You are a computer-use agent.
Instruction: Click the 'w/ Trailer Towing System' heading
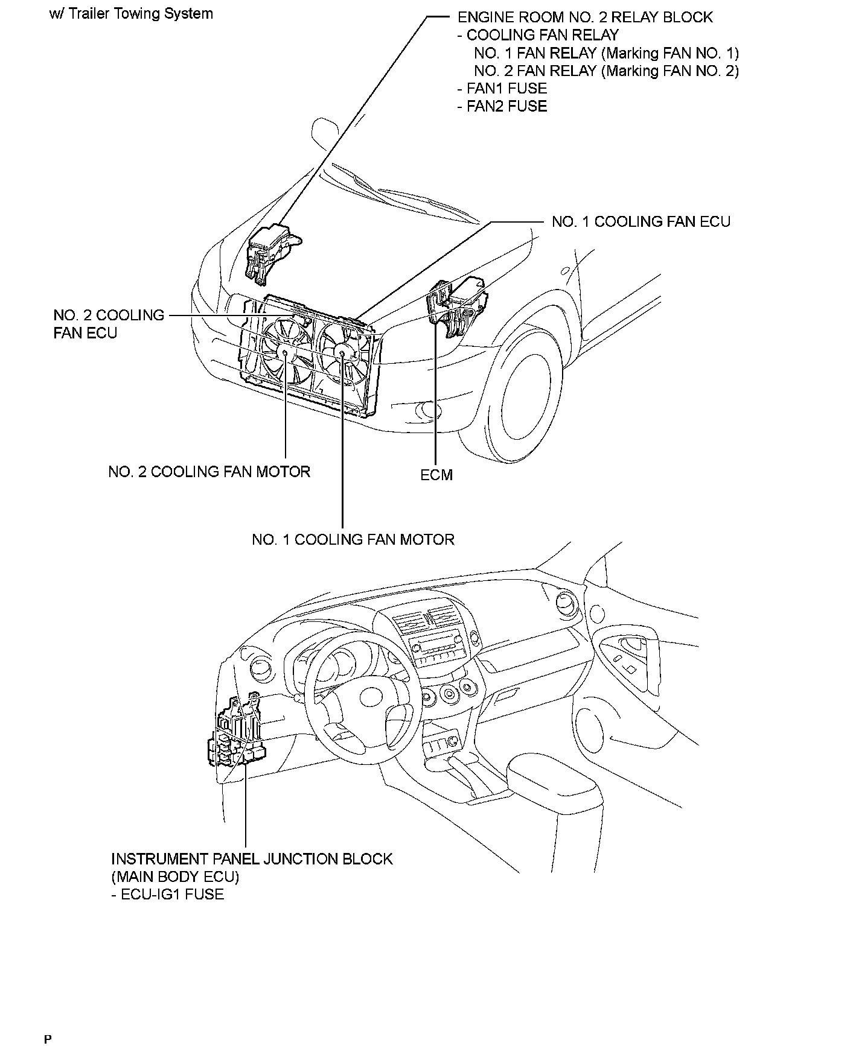(x=132, y=14)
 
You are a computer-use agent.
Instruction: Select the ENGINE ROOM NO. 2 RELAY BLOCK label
(x=585, y=17)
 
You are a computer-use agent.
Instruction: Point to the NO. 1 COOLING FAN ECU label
(x=641, y=222)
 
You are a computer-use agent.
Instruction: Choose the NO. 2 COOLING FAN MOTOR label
(x=209, y=472)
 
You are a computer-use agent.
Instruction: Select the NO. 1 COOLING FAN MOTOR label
(x=353, y=539)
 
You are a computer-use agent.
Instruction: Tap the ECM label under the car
(x=436, y=475)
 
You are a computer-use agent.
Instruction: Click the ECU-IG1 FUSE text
(x=168, y=894)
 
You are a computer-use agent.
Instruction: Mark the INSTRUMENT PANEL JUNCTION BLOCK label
(x=252, y=859)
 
